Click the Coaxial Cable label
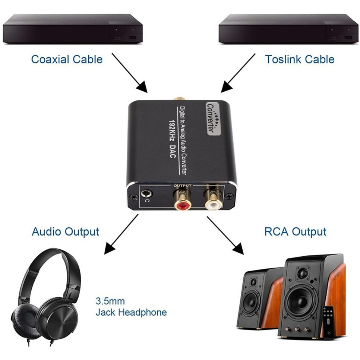tap(67, 59)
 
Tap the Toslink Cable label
tap(300, 59)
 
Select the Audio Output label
tap(66, 231)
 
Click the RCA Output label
tap(295, 231)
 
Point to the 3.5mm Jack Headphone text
tap(131, 306)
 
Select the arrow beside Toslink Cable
tap(238, 73)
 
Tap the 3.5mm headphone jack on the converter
tap(146, 194)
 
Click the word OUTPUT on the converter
tap(183, 185)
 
